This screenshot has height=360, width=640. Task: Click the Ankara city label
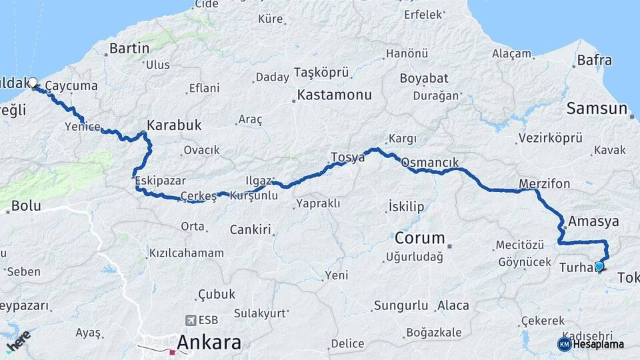coord(209,343)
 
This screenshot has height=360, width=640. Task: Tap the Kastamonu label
coord(334,95)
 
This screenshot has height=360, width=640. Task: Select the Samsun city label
coord(597,109)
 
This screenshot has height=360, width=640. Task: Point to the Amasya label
coord(594,221)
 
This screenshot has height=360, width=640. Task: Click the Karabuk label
coord(174,125)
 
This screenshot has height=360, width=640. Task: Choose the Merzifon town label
coord(545,183)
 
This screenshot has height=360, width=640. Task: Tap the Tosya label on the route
coord(347,158)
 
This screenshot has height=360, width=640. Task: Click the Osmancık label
coord(429,162)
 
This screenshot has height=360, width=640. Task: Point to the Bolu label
coord(26,206)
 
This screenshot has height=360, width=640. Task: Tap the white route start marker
coord(32,83)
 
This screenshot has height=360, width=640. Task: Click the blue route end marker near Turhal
coord(599,267)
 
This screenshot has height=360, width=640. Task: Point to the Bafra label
coord(594,61)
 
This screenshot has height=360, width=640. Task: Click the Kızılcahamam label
coord(186,253)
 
